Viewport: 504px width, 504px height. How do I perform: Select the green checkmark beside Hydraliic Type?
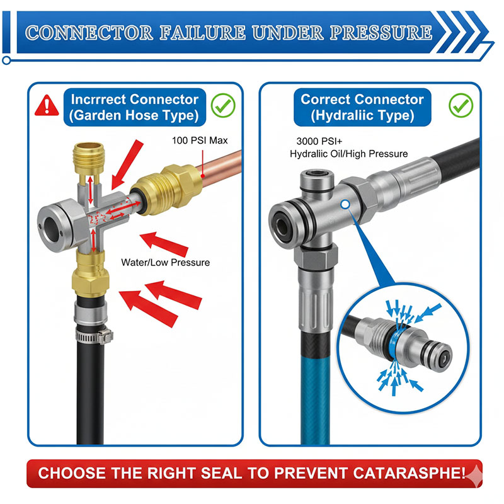tap(461, 105)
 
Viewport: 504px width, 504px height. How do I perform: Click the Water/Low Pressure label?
tap(165, 262)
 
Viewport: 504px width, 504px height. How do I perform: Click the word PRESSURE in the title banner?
tap(384, 32)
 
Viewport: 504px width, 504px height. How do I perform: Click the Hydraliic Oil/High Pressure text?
tap(348, 154)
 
